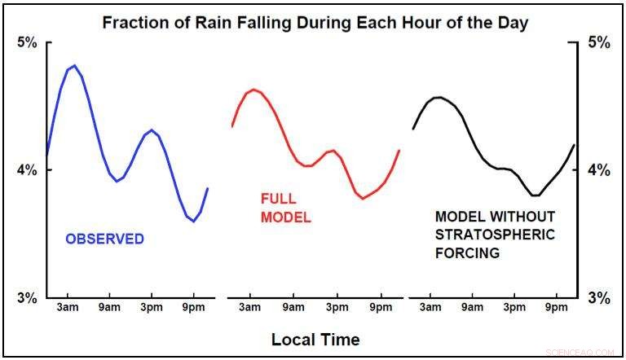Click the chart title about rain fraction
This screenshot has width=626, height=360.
pos(315,22)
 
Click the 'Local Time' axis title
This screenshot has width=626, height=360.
pos(315,339)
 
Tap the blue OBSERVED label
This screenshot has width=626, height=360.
pos(104,239)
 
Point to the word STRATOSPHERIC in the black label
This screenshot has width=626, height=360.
pos(495,235)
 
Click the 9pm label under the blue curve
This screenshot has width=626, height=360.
pos(194,308)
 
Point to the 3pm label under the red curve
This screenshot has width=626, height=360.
pos(336,308)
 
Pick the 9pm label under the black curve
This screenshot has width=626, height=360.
pos(556,308)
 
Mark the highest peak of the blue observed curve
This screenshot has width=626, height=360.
pos(74,65)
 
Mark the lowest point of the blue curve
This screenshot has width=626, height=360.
pos(194,221)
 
